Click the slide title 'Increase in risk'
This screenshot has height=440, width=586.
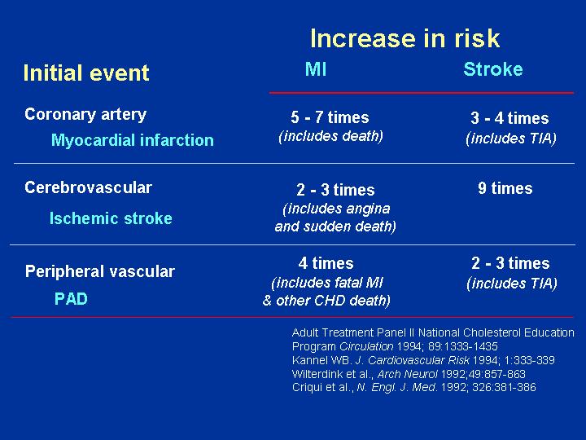coord(405,38)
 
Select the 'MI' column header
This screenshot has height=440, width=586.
coord(316,69)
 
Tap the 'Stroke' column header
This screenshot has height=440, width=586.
coord(493,69)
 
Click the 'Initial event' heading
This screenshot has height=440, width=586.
coord(86,73)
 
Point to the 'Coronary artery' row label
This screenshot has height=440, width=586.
coord(85,115)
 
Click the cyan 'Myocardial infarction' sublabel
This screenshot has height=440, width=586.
coord(133,140)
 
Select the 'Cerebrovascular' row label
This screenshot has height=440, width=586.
coord(88,187)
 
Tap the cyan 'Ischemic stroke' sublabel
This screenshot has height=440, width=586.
coord(111,218)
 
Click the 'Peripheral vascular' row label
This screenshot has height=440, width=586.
coord(100,271)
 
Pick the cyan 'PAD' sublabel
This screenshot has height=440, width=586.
coord(71,298)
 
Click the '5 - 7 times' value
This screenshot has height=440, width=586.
coord(330,117)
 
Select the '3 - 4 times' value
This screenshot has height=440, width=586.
coord(509,118)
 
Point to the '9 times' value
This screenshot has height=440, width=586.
coord(505,188)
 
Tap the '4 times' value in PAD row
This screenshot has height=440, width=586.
coord(326,263)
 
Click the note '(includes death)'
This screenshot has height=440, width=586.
coord(330,136)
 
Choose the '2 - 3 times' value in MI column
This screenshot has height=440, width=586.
coord(335,190)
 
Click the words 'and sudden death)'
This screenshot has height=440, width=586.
coord(335,227)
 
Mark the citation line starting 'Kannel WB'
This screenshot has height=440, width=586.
coord(423,360)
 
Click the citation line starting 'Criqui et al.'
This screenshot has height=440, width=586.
coord(413,387)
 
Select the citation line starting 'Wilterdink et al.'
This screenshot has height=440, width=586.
coord(409,374)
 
